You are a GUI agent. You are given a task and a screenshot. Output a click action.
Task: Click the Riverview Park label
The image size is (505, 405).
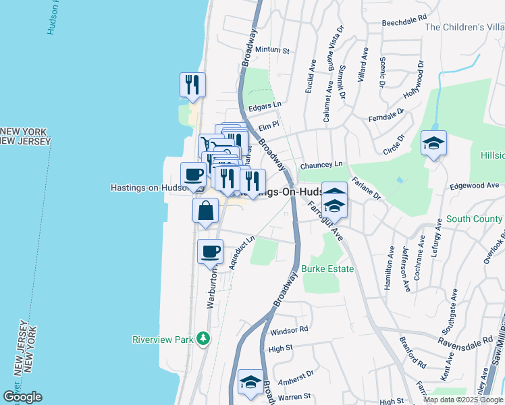coord(162,338)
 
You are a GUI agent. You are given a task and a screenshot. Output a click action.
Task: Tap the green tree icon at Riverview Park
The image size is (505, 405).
coord(202,337)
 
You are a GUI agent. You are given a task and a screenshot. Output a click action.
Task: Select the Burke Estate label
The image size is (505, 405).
coord(328,269)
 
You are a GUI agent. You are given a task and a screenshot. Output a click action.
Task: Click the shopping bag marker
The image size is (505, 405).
coord(206,211)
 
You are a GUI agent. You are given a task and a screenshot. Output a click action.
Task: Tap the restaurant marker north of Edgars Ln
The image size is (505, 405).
coord(192,84)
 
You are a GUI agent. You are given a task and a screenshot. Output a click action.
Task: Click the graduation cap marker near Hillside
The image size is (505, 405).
coord(433,143)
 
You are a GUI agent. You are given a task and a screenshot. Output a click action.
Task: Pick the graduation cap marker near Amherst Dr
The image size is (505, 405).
coord(250,383)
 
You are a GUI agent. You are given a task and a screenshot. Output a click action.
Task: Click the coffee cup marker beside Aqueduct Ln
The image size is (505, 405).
coord(210,251)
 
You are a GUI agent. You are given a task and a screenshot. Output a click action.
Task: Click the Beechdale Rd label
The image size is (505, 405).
coord(404,22)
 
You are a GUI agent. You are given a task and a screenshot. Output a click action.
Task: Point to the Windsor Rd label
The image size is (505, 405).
coord(289,331)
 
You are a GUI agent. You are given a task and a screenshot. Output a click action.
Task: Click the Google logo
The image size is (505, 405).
coord(22,397)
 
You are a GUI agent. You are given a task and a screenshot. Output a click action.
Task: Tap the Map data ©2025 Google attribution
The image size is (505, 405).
coord(463,400)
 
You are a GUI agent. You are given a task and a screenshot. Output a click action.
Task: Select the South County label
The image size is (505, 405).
coord(474,219)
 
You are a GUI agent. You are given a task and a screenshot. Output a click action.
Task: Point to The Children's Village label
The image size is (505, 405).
coord(464,28)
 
